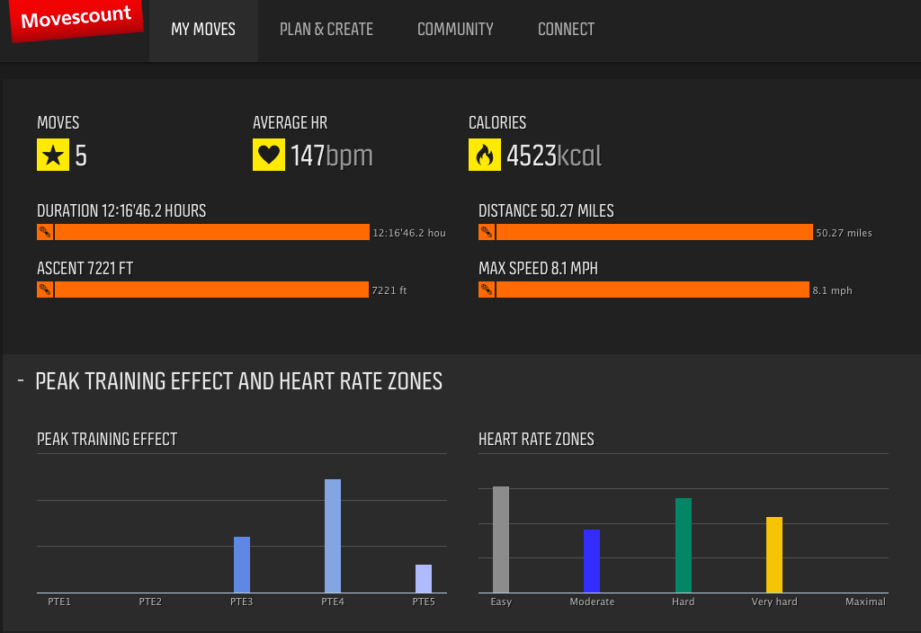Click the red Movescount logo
pos(76,20)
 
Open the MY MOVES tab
pos(203,30)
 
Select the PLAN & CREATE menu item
pos(326,30)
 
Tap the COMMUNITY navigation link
pos(455,30)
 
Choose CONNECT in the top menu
pos(566,30)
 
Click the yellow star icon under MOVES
pos(53,155)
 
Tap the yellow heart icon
pos(269,155)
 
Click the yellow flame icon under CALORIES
pos(485,155)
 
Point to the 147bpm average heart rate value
pos(331,156)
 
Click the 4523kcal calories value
pos(553,156)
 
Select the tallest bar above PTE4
pos(333,535)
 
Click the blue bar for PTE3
pos(242,564)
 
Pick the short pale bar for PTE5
pos(424,578)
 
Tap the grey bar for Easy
pos(501,539)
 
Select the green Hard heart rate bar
pos(684,545)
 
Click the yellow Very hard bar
pos(774,554)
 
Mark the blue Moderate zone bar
pos(592,560)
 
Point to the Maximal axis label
pos(865,602)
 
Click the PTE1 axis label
pos(59,602)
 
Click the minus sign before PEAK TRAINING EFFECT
pos(21,381)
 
